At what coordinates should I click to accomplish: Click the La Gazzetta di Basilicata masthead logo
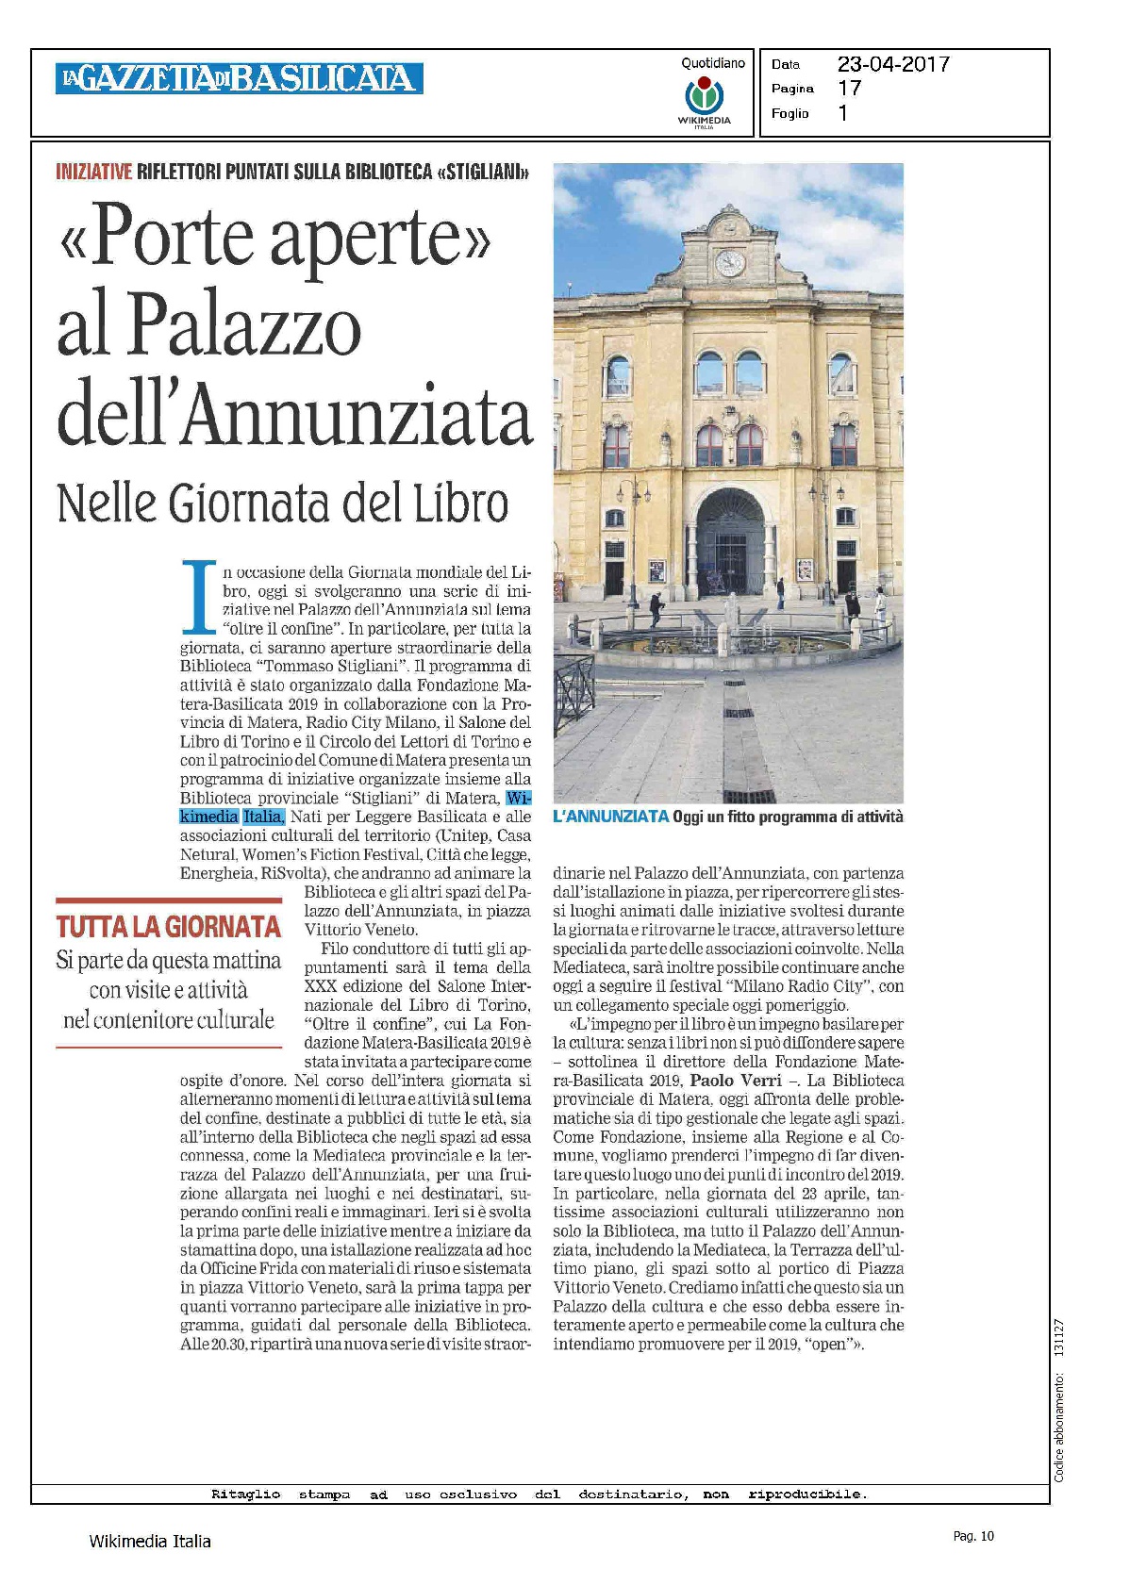(239, 78)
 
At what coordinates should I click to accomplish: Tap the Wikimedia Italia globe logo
(704, 97)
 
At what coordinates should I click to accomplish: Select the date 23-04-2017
(892, 64)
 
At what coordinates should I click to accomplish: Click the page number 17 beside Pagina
(849, 89)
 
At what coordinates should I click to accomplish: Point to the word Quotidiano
(713, 63)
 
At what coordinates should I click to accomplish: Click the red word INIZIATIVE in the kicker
(93, 173)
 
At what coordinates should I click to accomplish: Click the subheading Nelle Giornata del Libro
(282, 503)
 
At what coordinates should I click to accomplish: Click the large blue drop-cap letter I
(198, 597)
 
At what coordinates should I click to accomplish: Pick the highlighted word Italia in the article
(263, 817)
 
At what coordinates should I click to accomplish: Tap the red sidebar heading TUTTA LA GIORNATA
(168, 927)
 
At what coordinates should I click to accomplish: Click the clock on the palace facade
(729, 263)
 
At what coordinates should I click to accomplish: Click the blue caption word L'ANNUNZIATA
(610, 817)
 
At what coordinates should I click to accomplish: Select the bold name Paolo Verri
(736, 1081)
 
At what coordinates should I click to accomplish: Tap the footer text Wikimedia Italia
(149, 1541)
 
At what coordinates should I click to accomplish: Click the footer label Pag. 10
(972, 1536)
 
